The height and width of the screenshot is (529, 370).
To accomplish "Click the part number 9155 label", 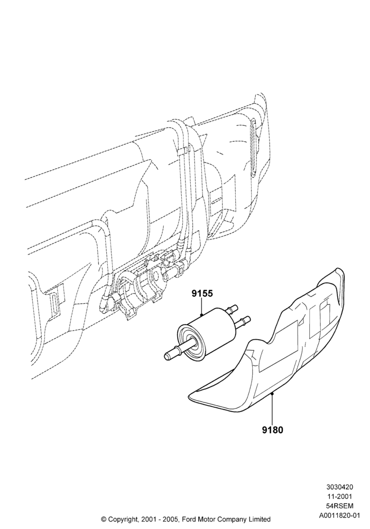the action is (x=202, y=294).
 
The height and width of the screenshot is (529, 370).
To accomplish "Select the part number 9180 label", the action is (x=273, y=430).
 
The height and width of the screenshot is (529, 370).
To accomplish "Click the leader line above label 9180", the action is (x=272, y=408).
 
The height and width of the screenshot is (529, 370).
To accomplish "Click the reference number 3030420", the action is (x=340, y=487).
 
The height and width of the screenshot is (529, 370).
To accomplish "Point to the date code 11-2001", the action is (x=340, y=497).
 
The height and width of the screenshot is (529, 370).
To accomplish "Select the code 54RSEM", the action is (x=340, y=506).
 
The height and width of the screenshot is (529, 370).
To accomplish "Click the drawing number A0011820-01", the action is (x=340, y=516).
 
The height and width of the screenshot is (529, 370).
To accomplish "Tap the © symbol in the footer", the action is (x=104, y=519).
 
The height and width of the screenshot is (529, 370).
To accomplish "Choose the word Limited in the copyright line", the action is (x=259, y=519).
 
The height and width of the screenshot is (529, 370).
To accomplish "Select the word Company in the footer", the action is (x=230, y=519).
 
